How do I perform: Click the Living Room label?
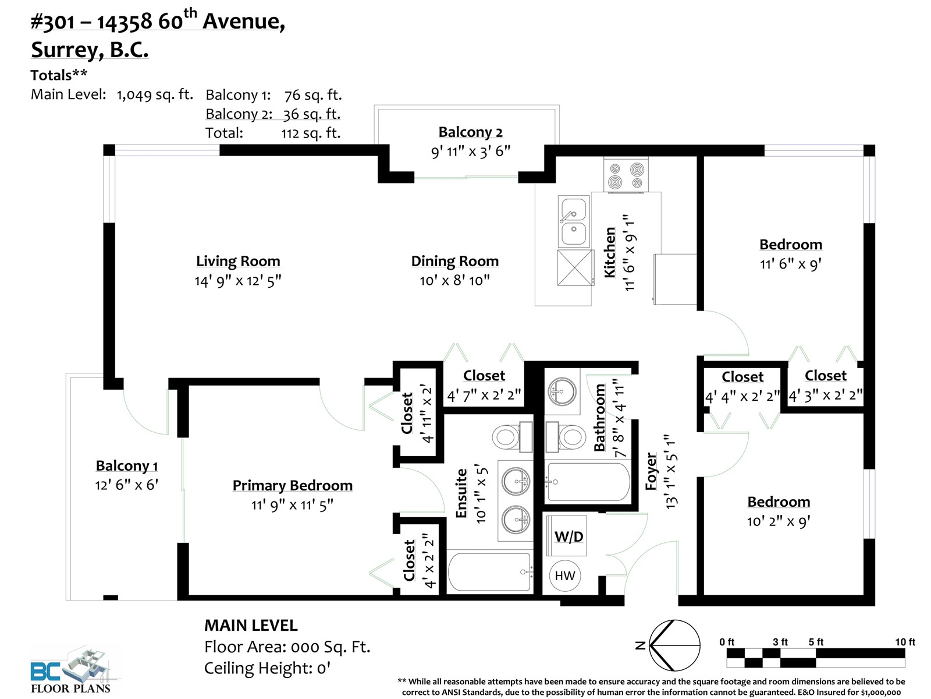[x=238, y=261]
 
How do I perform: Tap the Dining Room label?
[x=454, y=261]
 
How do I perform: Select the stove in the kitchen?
[x=626, y=174]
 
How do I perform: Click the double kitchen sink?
[x=574, y=221]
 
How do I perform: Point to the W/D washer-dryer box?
[x=567, y=535]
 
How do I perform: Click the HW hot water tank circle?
[x=565, y=576]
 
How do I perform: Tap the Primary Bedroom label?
[x=292, y=486]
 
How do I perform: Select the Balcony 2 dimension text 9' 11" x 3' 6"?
[x=470, y=151]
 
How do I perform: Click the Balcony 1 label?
[x=127, y=465]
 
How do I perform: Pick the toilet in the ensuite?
[x=513, y=436]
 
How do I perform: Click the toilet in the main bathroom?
[x=564, y=436]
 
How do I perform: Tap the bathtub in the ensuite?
[x=490, y=571]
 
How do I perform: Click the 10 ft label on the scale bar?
[x=905, y=642]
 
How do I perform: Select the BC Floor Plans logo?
[x=71, y=670]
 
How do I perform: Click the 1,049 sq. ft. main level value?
[x=155, y=94]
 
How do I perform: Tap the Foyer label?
[x=651, y=471]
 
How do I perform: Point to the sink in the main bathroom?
[x=562, y=391]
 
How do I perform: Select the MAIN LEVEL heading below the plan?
[x=251, y=626]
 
